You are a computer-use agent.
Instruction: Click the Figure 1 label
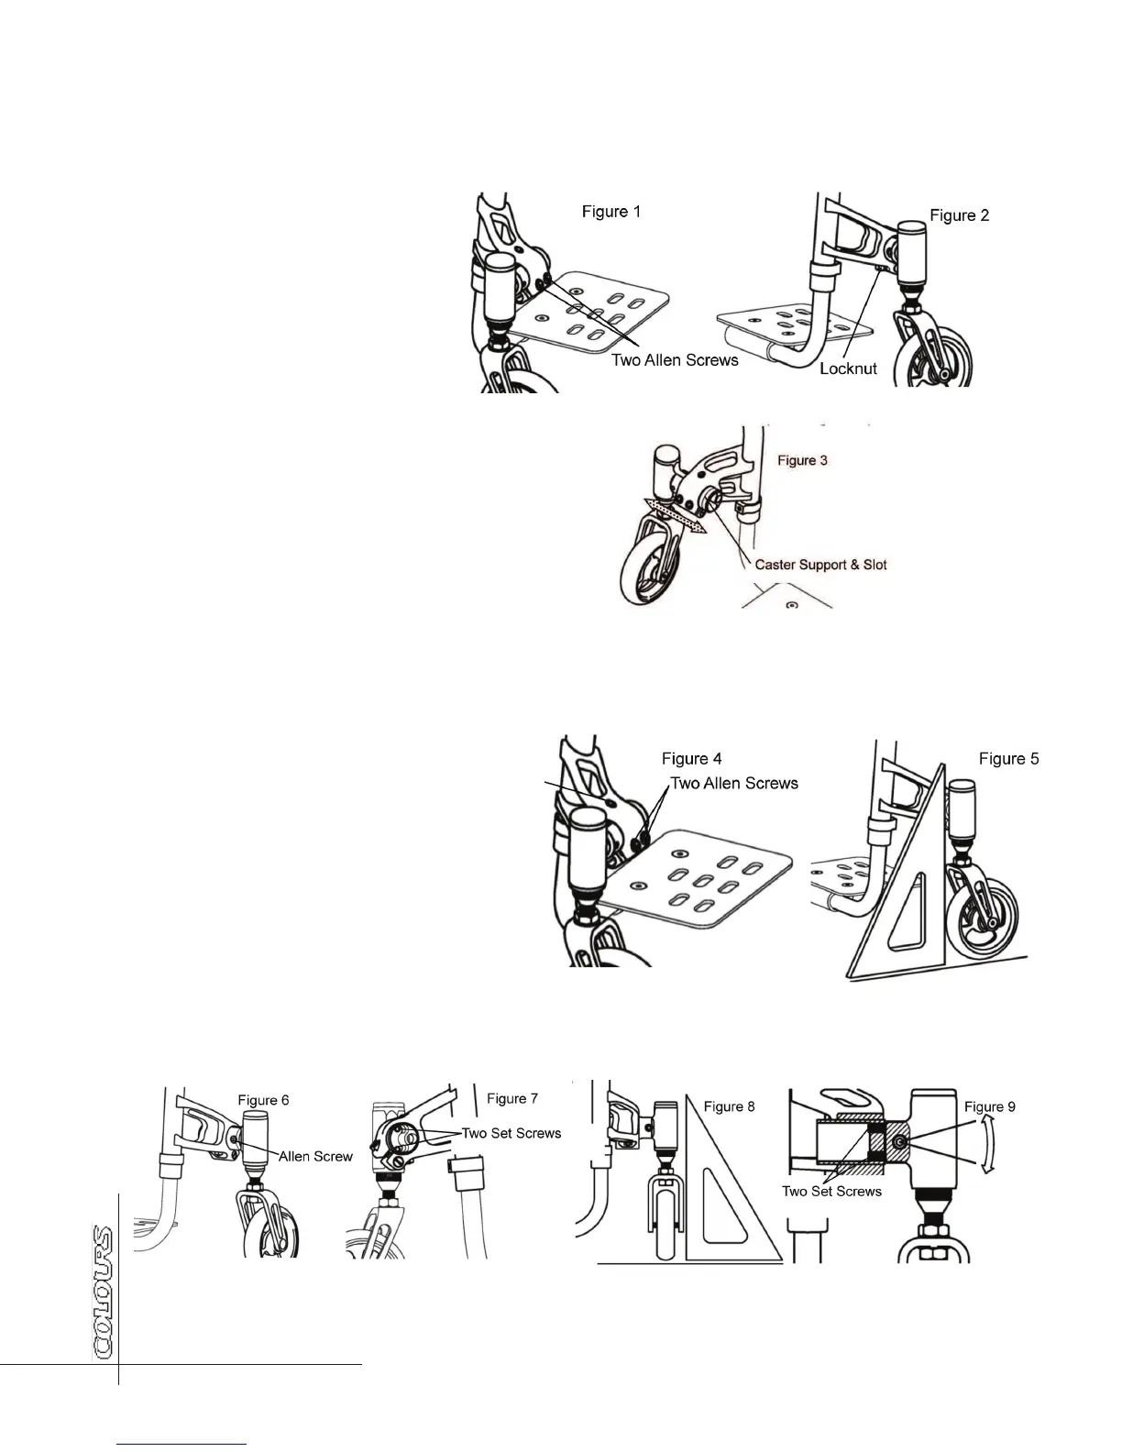pos(611,212)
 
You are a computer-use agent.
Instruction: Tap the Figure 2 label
pos(960,215)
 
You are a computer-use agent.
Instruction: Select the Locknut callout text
pos(848,368)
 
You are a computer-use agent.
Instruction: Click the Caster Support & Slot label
pos(820,565)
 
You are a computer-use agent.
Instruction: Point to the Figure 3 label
pos(802,460)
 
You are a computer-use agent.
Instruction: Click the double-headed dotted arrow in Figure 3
pos(676,515)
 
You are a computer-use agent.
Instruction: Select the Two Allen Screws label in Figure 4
pos(734,784)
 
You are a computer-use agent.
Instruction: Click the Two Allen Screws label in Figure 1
pos(675,360)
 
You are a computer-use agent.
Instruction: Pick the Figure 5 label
pos(1008,759)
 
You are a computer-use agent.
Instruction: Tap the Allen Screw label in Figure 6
pos(315,1157)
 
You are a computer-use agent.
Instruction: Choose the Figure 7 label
pos(512,1098)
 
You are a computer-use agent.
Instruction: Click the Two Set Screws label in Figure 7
pos(511,1133)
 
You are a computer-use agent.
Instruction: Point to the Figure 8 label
pos(730,1106)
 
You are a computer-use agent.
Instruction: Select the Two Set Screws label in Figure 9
pos(831,1192)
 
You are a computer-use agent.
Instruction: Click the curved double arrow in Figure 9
pos(987,1145)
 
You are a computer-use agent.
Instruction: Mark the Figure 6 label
pos(263,1100)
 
